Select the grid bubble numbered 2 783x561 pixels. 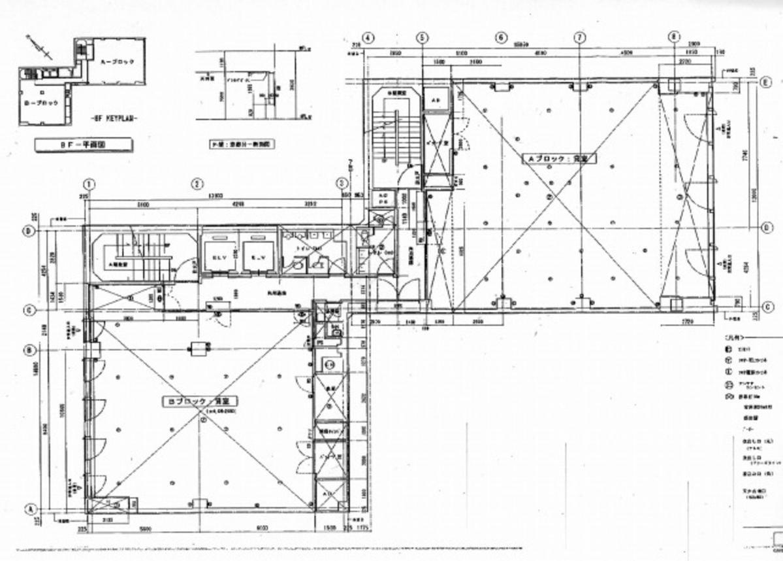tap(196, 184)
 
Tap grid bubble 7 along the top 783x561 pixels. tap(579, 38)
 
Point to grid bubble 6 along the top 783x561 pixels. tap(501, 38)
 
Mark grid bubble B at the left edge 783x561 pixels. tap(29, 350)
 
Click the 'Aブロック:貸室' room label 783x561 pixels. tap(552, 159)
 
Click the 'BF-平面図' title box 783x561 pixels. tap(84, 144)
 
